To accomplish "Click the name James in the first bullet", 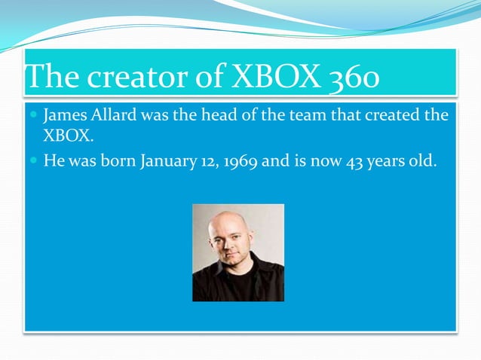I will click(65, 117).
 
